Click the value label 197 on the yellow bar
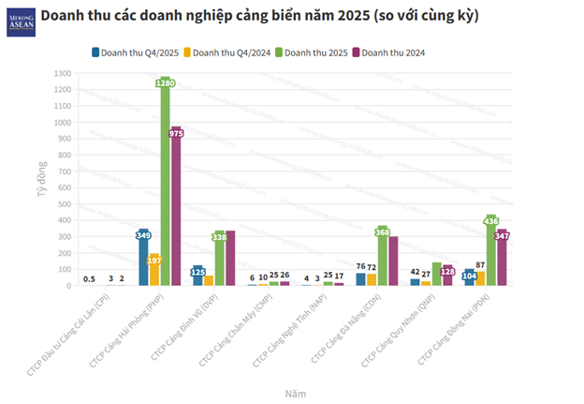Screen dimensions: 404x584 tap(154, 260)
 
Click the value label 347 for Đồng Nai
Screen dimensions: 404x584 tap(503, 236)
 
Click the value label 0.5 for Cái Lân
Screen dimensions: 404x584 tap(89, 278)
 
